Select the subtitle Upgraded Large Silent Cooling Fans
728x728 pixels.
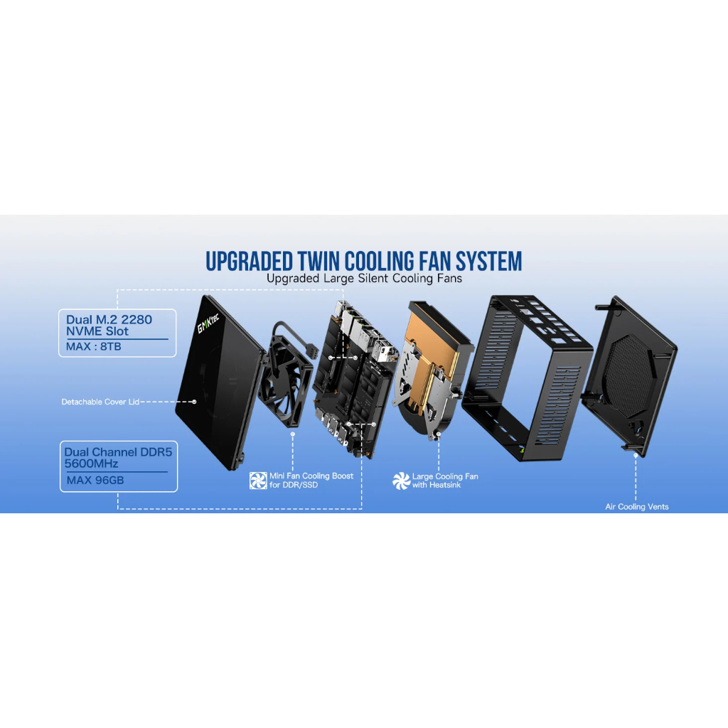point(364,279)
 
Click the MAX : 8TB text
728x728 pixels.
point(93,346)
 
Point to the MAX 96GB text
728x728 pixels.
point(95,480)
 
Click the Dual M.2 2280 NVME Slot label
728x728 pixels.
point(109,325)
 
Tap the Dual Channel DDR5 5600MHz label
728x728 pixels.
point(118,458)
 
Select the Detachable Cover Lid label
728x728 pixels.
point(100,402)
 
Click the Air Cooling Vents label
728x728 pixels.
point(636,506)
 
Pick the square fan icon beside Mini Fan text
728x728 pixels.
point(258,481)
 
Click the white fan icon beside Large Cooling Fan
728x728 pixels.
point(401,481)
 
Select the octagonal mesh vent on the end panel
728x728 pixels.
point(631,375)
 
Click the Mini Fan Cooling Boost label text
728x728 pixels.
point(311,481)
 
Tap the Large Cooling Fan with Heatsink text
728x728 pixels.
point(445,481)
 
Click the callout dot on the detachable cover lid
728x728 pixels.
point(194,402)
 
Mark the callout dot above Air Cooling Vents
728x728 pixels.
point(636,456)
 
